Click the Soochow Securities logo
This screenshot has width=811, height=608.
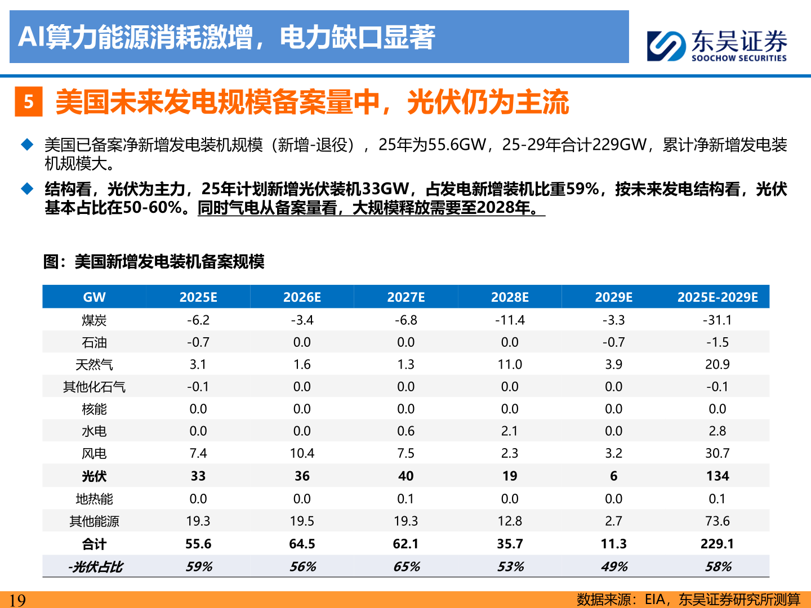(716, 46)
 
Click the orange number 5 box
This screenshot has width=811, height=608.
(29, 102)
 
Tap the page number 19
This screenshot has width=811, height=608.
(17, 600)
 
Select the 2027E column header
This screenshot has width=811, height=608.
(405, 297)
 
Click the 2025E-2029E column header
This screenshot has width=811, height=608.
(717, 297)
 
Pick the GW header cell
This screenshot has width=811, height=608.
(94, 297)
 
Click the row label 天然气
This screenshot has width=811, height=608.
(94, 365)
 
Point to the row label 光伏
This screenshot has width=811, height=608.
(94, 476)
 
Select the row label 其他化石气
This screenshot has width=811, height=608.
(94, 387)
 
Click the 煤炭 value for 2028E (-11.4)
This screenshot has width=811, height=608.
(510, 320)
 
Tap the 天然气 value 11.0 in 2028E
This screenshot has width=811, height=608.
(510, 365)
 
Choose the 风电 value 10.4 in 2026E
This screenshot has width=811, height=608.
(302, 454)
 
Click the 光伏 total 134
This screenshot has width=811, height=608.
(717, 476)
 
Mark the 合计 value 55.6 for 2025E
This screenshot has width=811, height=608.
(198, 544)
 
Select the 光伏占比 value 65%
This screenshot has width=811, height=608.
(406, 566)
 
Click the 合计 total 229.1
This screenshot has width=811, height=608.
(717, 544)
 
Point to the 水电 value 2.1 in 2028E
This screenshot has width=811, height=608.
(510, 431)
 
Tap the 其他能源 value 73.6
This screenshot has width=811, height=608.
(717, 521)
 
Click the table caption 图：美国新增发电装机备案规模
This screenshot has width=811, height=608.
(154, 262)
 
